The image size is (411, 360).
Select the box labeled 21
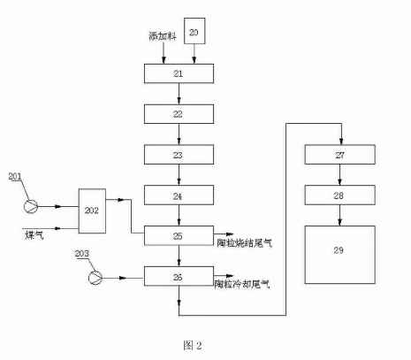tap(180, 73)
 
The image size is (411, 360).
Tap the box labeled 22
tap(180, 113)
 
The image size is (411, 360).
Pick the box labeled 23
tap(180, 154)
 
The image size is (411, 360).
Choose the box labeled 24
tap(180, 195)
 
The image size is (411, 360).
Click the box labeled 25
tap(180, 236)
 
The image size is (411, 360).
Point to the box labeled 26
tap(180, 277)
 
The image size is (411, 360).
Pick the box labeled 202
tap(93, 211)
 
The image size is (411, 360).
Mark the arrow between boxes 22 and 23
tap(180, 134)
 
